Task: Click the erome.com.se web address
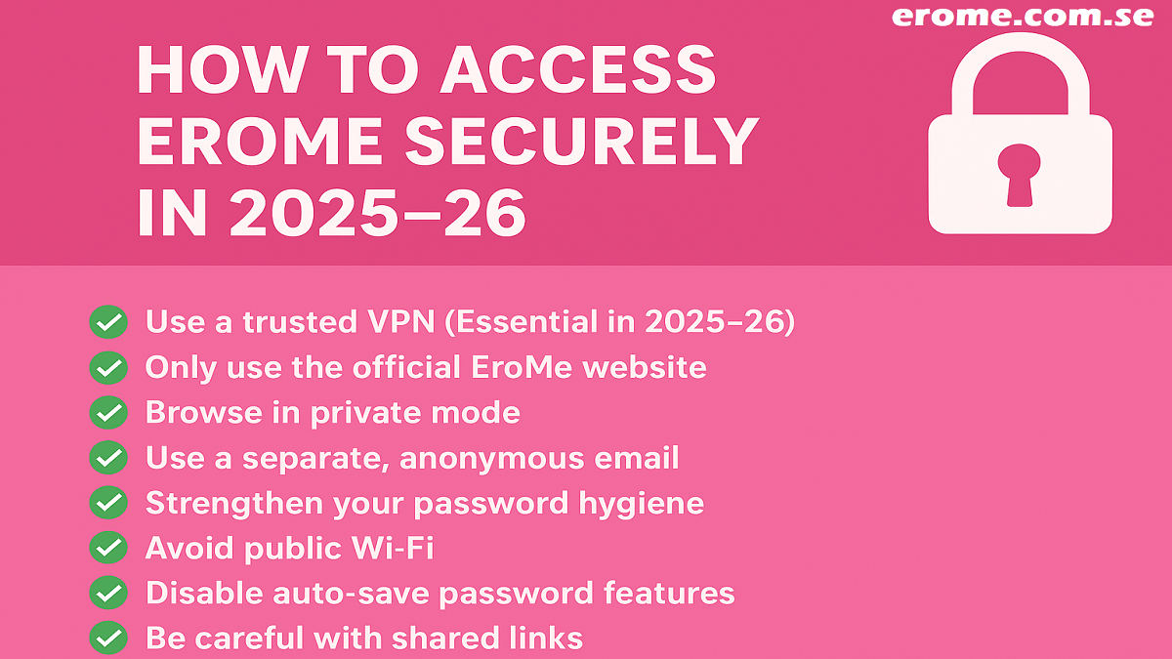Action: pos(1023,16)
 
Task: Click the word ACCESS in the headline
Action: pos(577,69)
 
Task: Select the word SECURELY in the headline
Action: pos(582,142)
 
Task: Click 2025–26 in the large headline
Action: pos(377,214)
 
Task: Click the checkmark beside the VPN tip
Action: pos(108,321)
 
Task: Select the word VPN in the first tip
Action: pos(400,321)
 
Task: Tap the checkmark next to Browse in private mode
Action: pos(108,413)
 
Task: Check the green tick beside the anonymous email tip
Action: pos(108,458)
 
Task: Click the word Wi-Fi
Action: pos(393,548)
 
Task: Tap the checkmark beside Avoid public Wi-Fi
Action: pos(108,548)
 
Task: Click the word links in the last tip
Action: pos(552,638)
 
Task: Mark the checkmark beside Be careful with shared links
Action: pos(108,638)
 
